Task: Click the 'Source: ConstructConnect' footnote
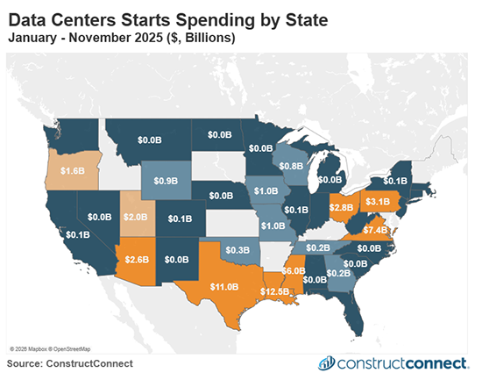click(x=70, y=362)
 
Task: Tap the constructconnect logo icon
click(x=326, y=362)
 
